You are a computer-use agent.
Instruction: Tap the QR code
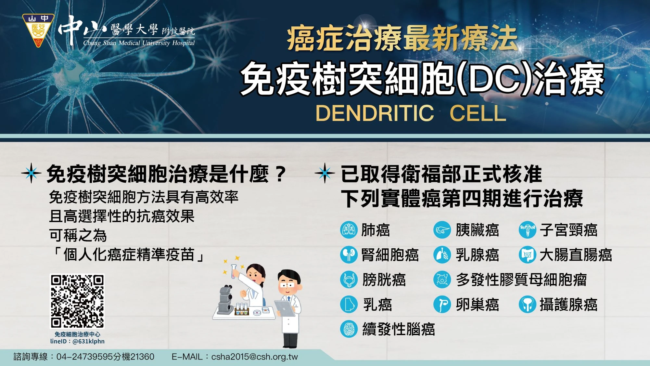pyautogui.click(x=77, y=301)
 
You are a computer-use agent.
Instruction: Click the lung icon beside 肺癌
pyautogui.click(x=349, y=230)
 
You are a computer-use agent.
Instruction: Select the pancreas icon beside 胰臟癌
pyautogui.click(x=442, y=230)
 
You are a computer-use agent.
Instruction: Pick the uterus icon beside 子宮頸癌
pyautogui.click(x=528, y=230)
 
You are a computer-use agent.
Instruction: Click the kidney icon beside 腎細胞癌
pyautogui.click(x=349, y=255)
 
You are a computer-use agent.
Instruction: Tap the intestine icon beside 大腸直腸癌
pyautogui.click(x=528, y=255)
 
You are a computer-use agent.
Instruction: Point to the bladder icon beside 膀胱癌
pyautogui.click(x=349, y=280)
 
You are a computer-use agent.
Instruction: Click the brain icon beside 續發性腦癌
pyautogui.click(x=349, y=329)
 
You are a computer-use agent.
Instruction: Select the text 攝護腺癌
pyautogui.click(x=568, y=305)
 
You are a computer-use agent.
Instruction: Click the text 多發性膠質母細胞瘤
pyautogui.click(x=521, y=280)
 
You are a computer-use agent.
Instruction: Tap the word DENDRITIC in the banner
pyautogui.click(x=375, y=113)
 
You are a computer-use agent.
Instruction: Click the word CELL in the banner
pyautogui.click(x=478, y=113)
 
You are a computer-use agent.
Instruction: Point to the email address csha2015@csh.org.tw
pyautogui.click(x=254, y=357)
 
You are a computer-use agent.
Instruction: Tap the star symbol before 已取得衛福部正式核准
pyautogui.click(x=324, y=173)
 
